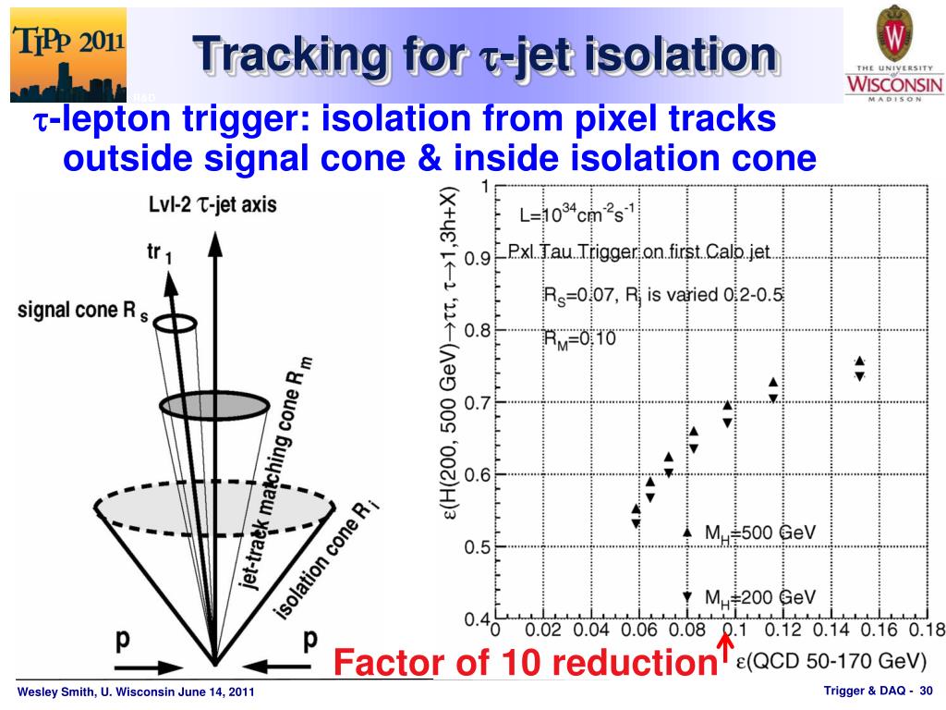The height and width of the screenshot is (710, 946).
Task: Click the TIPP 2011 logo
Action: (67, 54)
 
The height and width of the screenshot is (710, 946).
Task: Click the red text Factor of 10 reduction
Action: (519, 662)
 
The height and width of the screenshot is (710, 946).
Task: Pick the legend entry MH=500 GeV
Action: (758, 532)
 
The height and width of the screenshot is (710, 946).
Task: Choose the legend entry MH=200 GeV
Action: (758, 597)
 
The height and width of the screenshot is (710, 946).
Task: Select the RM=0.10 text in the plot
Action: (578, 338)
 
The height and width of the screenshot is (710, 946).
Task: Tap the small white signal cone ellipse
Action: (175, 323)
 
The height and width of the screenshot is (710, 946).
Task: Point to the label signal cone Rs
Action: (83, 310)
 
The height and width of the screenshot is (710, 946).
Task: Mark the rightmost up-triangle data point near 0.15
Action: (859, 361)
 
